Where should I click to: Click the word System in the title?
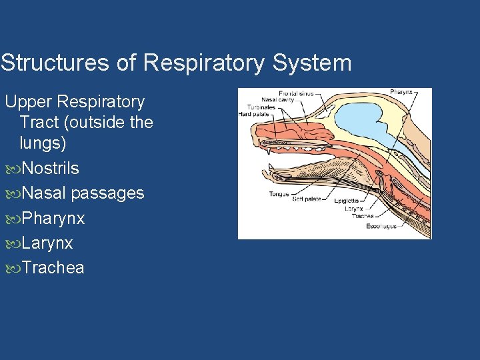click(x=312, y=63)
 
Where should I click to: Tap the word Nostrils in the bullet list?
click(x=50, y=169)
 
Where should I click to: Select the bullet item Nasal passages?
click(x=83, y=193)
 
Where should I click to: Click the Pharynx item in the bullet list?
click(x=53, y=219)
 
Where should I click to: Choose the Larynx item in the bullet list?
click(x=47, y=243)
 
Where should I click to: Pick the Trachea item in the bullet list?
click(x=53, y=268)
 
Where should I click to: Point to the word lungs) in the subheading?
click(x=43, y=143)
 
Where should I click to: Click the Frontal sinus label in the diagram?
click(x=295, y=93)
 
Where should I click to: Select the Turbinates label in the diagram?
click(x=261, y=107)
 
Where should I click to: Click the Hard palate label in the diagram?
click(x=254, y=114)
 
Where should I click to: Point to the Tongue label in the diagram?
click(x=279, y=194)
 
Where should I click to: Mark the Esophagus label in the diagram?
click(x=381, y=226)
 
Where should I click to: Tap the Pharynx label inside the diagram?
click(x=401, y=92)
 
